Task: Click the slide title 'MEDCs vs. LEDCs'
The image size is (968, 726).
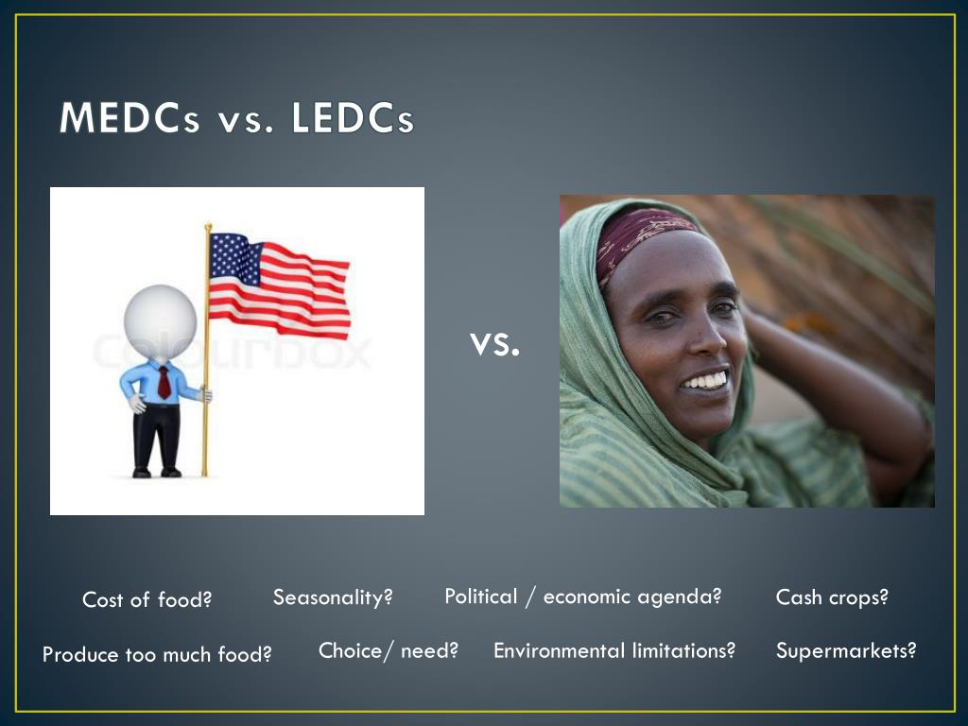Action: [236, 120]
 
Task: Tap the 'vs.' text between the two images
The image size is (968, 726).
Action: [494, 344]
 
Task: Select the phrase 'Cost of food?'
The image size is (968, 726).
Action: [147, 599]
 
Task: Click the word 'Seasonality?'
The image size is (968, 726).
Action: [332, 597]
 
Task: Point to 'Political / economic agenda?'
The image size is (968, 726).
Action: [582, 596]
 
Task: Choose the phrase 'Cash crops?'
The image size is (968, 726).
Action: [832, 597]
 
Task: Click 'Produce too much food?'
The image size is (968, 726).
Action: [157, 654]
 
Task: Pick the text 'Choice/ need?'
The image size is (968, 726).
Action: [388, 650]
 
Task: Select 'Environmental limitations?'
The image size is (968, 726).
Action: [614, 650]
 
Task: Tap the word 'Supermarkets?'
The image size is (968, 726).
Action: [846, 650]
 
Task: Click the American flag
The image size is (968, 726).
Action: [279, 285]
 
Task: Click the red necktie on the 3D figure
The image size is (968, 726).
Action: [164, 383]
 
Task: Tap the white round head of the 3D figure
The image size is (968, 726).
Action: [160, 322]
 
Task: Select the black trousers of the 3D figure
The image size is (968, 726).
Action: [156, 435]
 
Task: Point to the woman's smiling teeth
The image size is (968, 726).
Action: [705, 380]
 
